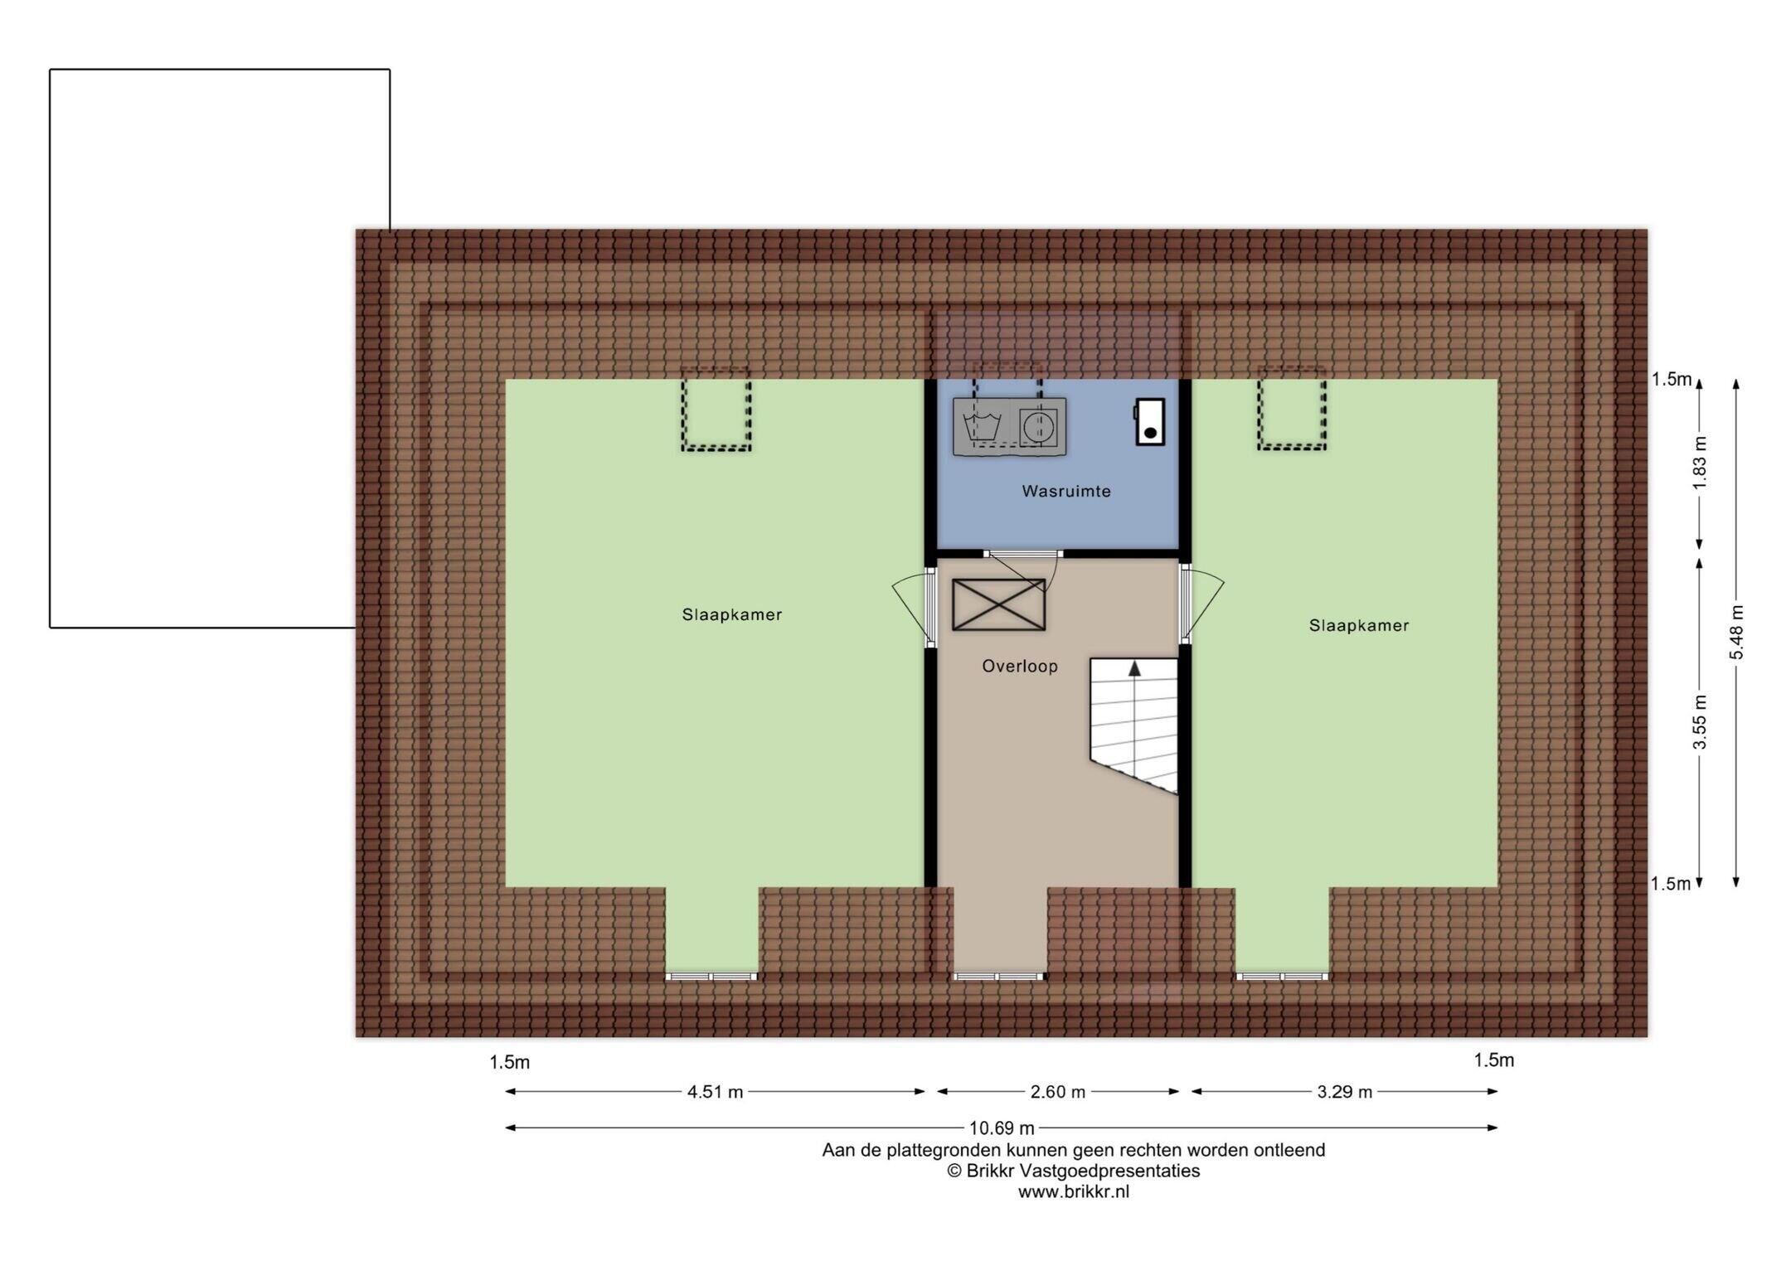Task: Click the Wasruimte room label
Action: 1065,491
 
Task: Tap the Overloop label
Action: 1019,666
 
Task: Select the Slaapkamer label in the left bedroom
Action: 731,614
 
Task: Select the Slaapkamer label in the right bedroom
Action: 1358,625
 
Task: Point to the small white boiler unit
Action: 1149,421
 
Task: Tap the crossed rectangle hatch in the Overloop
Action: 998,604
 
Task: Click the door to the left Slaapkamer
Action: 913,605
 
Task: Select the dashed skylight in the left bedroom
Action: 716,410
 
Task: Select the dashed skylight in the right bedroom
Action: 1291,410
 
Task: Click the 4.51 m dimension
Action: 715,1092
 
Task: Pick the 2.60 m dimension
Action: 1057,1092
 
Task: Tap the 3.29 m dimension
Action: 1344,1092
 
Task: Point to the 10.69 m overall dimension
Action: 1002,1128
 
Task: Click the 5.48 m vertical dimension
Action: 1736,633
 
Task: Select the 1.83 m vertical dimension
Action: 1699,463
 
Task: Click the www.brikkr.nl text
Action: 1073,1192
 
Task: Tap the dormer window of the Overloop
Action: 998,977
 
